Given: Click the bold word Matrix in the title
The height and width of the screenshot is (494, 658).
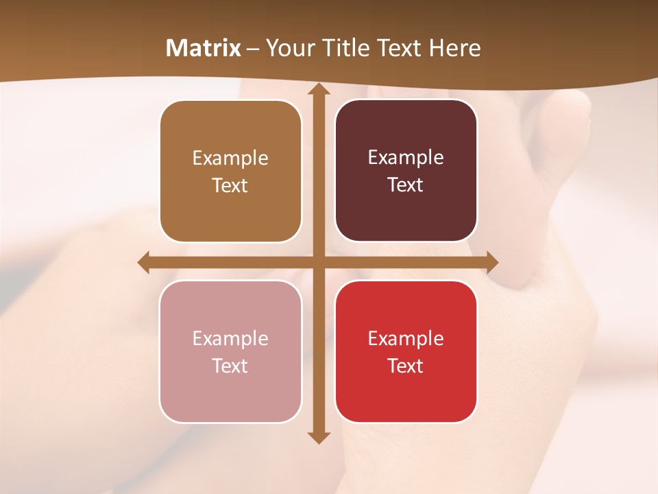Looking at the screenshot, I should [x=204, y=48].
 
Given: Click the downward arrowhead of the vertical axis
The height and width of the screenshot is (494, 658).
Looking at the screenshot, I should [x=318, y=437].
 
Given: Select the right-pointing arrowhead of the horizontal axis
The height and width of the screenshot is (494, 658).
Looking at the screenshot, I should [x=491, y=263].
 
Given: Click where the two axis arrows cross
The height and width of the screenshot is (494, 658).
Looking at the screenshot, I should [x=318, y=263].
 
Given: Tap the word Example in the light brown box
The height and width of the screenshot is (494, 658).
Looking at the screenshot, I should [x=230, y=158].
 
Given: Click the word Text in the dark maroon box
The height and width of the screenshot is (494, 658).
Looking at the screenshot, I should [x=406, y=185].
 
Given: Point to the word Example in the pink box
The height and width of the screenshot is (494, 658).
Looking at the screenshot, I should [x=230, y=339].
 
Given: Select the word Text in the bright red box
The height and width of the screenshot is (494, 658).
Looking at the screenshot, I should [x=406, y=366].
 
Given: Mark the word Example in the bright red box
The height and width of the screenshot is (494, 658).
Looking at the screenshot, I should [x=406, y=339].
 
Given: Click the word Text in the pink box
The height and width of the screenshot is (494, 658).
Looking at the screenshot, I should [x=230, y=366].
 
